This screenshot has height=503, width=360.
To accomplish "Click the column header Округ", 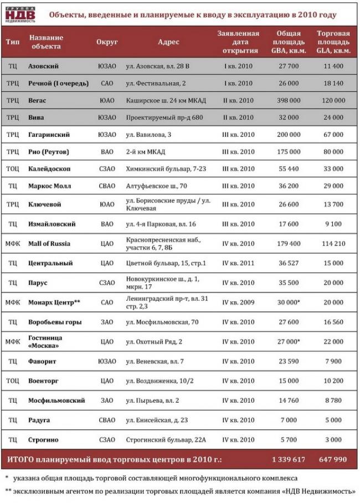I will [x=106, y=42].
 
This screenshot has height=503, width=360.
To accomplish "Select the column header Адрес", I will [x=168, y=42].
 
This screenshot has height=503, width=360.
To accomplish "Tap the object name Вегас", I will [x=37, y=100].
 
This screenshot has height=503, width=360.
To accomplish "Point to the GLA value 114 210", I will [x=333, y=244].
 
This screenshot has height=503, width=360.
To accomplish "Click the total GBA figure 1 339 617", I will [x=289, y=460].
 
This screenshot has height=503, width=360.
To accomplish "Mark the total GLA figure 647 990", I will [x=333, y=460].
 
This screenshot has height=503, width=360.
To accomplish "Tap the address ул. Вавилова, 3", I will [x=148, y=135].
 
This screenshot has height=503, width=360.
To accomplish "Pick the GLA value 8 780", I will [x=334, y=400].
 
